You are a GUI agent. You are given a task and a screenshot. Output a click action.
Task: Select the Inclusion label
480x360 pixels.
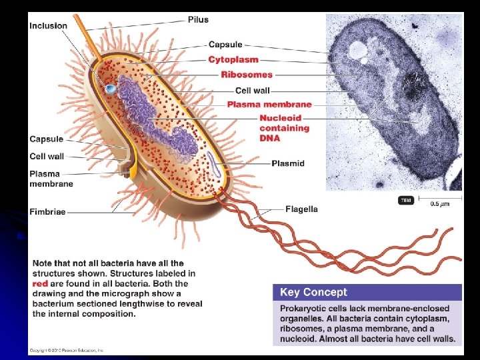[48, 26]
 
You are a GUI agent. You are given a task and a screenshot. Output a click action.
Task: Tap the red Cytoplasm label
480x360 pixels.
[233, 59]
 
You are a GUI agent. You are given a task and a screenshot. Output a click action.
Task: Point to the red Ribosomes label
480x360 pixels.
[247, 75]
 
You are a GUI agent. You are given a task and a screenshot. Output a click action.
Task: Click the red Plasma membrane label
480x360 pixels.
[269, 105]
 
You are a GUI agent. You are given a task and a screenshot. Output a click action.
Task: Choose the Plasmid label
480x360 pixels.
[288, 163]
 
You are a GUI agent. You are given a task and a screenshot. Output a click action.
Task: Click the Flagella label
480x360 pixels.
[301, 209]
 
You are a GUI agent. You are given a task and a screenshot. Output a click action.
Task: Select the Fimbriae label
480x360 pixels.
[47, 212]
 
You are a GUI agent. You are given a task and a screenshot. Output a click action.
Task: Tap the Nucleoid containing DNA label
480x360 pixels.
[284, 128]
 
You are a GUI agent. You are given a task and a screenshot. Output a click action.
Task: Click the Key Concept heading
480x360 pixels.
[313, 293]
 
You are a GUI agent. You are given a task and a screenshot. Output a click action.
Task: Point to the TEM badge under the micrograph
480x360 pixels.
[405, 200]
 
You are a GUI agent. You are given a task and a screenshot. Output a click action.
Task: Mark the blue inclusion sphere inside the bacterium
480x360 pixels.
[111, 88]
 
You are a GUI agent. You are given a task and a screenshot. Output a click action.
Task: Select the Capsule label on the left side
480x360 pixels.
[46, 139]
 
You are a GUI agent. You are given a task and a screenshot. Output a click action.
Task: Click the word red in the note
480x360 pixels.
[41, 283]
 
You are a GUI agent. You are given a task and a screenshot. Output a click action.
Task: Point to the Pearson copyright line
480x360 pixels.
[66, 350]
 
